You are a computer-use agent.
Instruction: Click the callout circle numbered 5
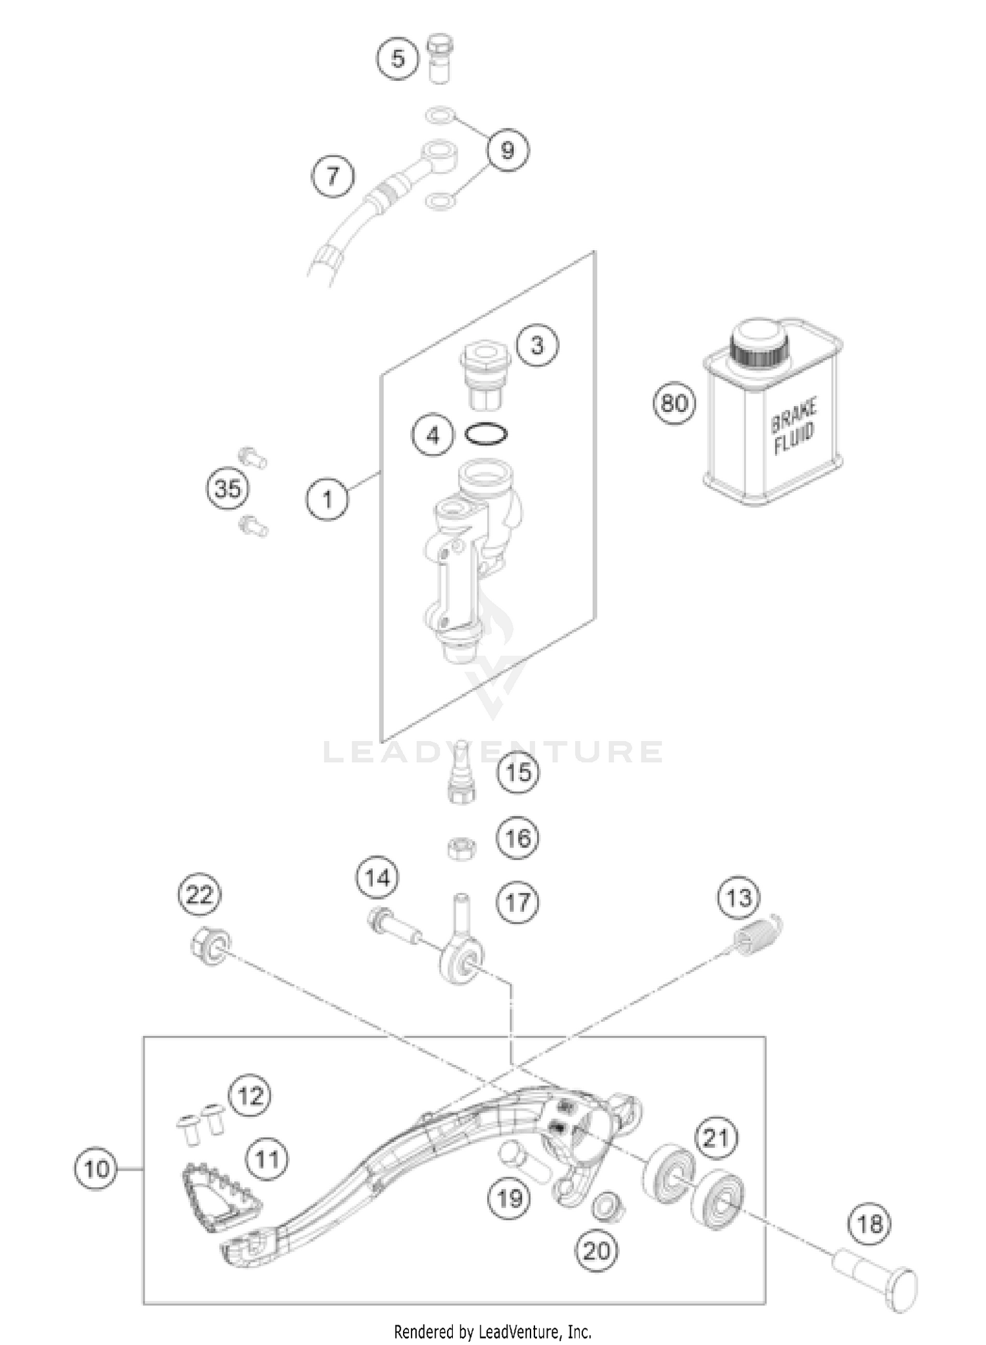point(398,58)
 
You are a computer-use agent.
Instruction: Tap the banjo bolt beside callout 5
point(438,59)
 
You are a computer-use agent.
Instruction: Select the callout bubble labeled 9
point(507,150)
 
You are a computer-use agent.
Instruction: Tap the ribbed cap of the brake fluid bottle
point(760,345)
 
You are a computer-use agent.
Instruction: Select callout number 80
point(674,402)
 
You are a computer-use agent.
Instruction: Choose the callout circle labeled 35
point(228,489)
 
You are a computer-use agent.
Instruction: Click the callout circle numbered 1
point(327,499)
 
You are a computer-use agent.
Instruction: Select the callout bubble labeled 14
point(378,878)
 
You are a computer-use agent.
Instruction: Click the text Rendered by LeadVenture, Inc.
point(492,1332)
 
